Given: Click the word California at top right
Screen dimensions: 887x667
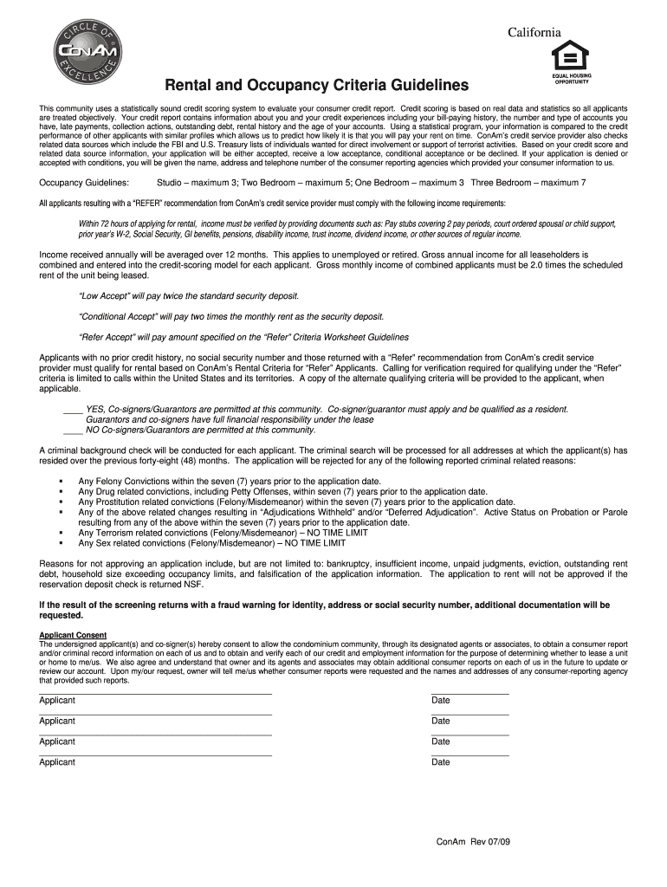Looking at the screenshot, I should pyautogui.click(x=534, y=33).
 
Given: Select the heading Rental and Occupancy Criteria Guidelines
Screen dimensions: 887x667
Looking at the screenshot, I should pyautogui.click(x=311, y=86).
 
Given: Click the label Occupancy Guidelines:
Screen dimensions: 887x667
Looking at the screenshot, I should pyautogui.click(x=84, y=183).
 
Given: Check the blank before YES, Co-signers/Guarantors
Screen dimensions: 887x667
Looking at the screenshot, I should pyautogui.click(x=73, y=409).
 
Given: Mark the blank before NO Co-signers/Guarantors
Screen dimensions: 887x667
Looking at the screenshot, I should pyautogui.click(x=73, y=430).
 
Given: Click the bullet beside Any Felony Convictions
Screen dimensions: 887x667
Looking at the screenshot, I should pyautogui.click(x=61, y=481).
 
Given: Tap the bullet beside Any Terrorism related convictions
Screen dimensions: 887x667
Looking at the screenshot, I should pyautogui.click(x=61, y=533).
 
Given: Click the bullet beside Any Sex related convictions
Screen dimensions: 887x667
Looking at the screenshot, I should pyautogui.click(x=61, y=543).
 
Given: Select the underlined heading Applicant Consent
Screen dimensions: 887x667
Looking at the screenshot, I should pyautogui.click(x=73, y=635).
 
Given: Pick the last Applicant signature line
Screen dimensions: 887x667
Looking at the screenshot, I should pyautogui.click(x=155, y=755).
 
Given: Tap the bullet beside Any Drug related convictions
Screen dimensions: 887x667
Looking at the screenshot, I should pyautogui.click(x=61, y=491).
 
